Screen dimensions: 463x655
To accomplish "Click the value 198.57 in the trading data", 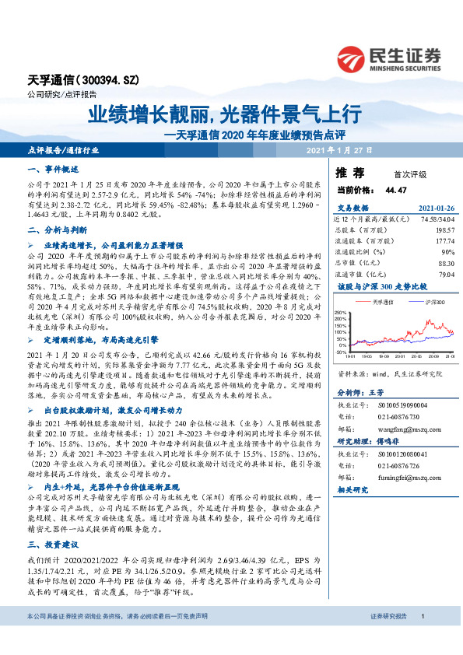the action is [443, 230].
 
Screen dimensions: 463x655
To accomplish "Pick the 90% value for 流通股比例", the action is [447, 252].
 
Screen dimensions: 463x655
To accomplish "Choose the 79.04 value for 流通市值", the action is [444, 274].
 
